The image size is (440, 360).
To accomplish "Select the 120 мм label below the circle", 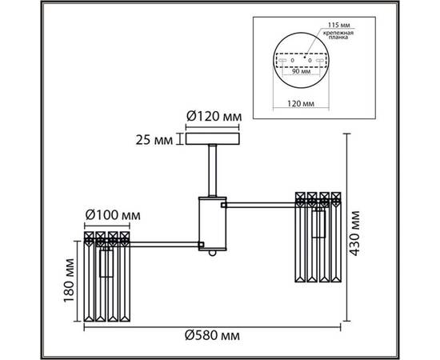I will point(300,103).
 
